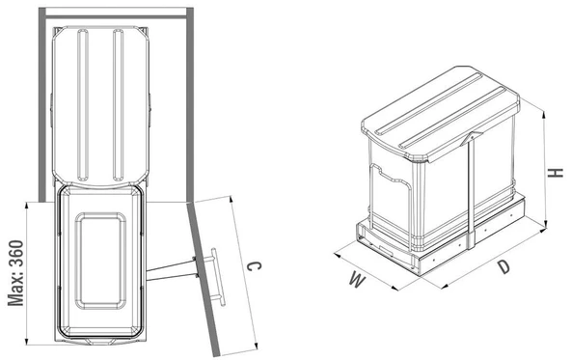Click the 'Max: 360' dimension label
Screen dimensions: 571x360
(x=16, y=272)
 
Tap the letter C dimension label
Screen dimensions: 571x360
(x=254, y=266)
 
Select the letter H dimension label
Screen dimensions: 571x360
(x=557, y=173)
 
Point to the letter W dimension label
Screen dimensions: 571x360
(x=358, y=280)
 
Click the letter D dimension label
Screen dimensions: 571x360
(x=504, y=267)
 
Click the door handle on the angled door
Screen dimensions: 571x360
(x=218, y=277)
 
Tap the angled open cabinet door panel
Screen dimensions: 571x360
(x=204, y=279)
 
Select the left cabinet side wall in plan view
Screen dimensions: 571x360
(x=42, y=104)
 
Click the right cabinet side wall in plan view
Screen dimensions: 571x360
(x=190, y=104)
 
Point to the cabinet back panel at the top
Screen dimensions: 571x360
(x=116, y=16)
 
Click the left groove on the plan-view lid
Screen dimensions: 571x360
(x=83, y=105)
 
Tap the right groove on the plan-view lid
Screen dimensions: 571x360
(x=118, y=105)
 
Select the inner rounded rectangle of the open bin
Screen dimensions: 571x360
(x=100, y=261)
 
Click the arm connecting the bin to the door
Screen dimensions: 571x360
(x=171, y=270)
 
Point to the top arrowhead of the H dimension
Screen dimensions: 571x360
(x=544, y=116)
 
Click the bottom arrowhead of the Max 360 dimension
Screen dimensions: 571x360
(x=27, y=341)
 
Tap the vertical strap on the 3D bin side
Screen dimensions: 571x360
(x=471, y=189)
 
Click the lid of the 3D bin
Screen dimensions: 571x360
(x=441, y=113)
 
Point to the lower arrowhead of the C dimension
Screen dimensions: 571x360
(x=256, y=346)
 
